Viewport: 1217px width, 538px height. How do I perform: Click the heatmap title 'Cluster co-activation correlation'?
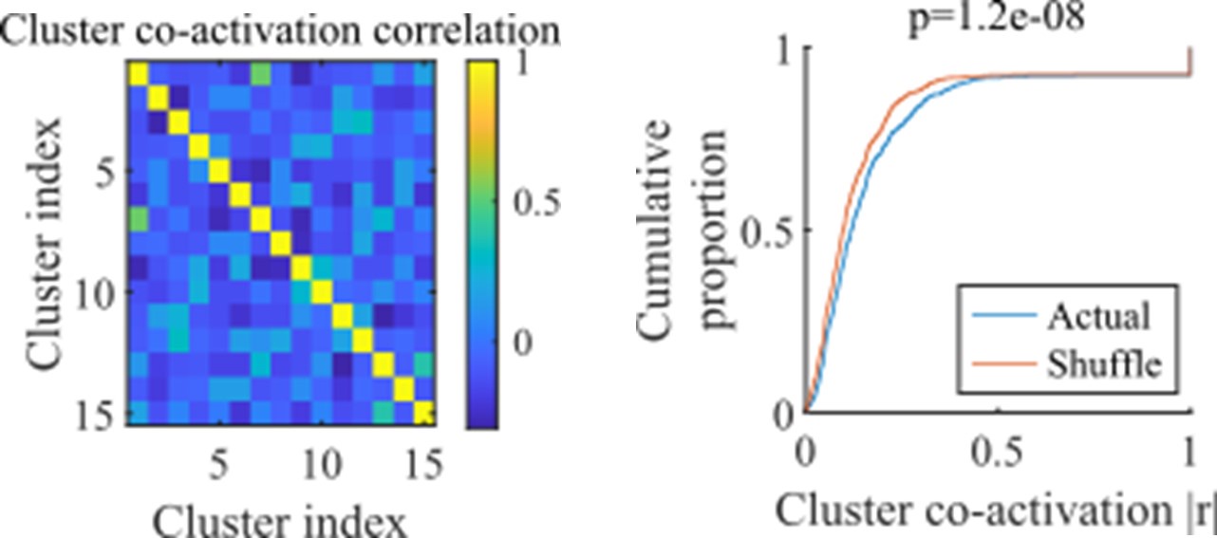pyautogui.click(x=280, y=31)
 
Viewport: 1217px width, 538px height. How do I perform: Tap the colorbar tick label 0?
pyautogui.click(x=519, y=342)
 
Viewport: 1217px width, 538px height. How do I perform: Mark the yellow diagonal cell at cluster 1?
pyautogui.click(x=137, y=74)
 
